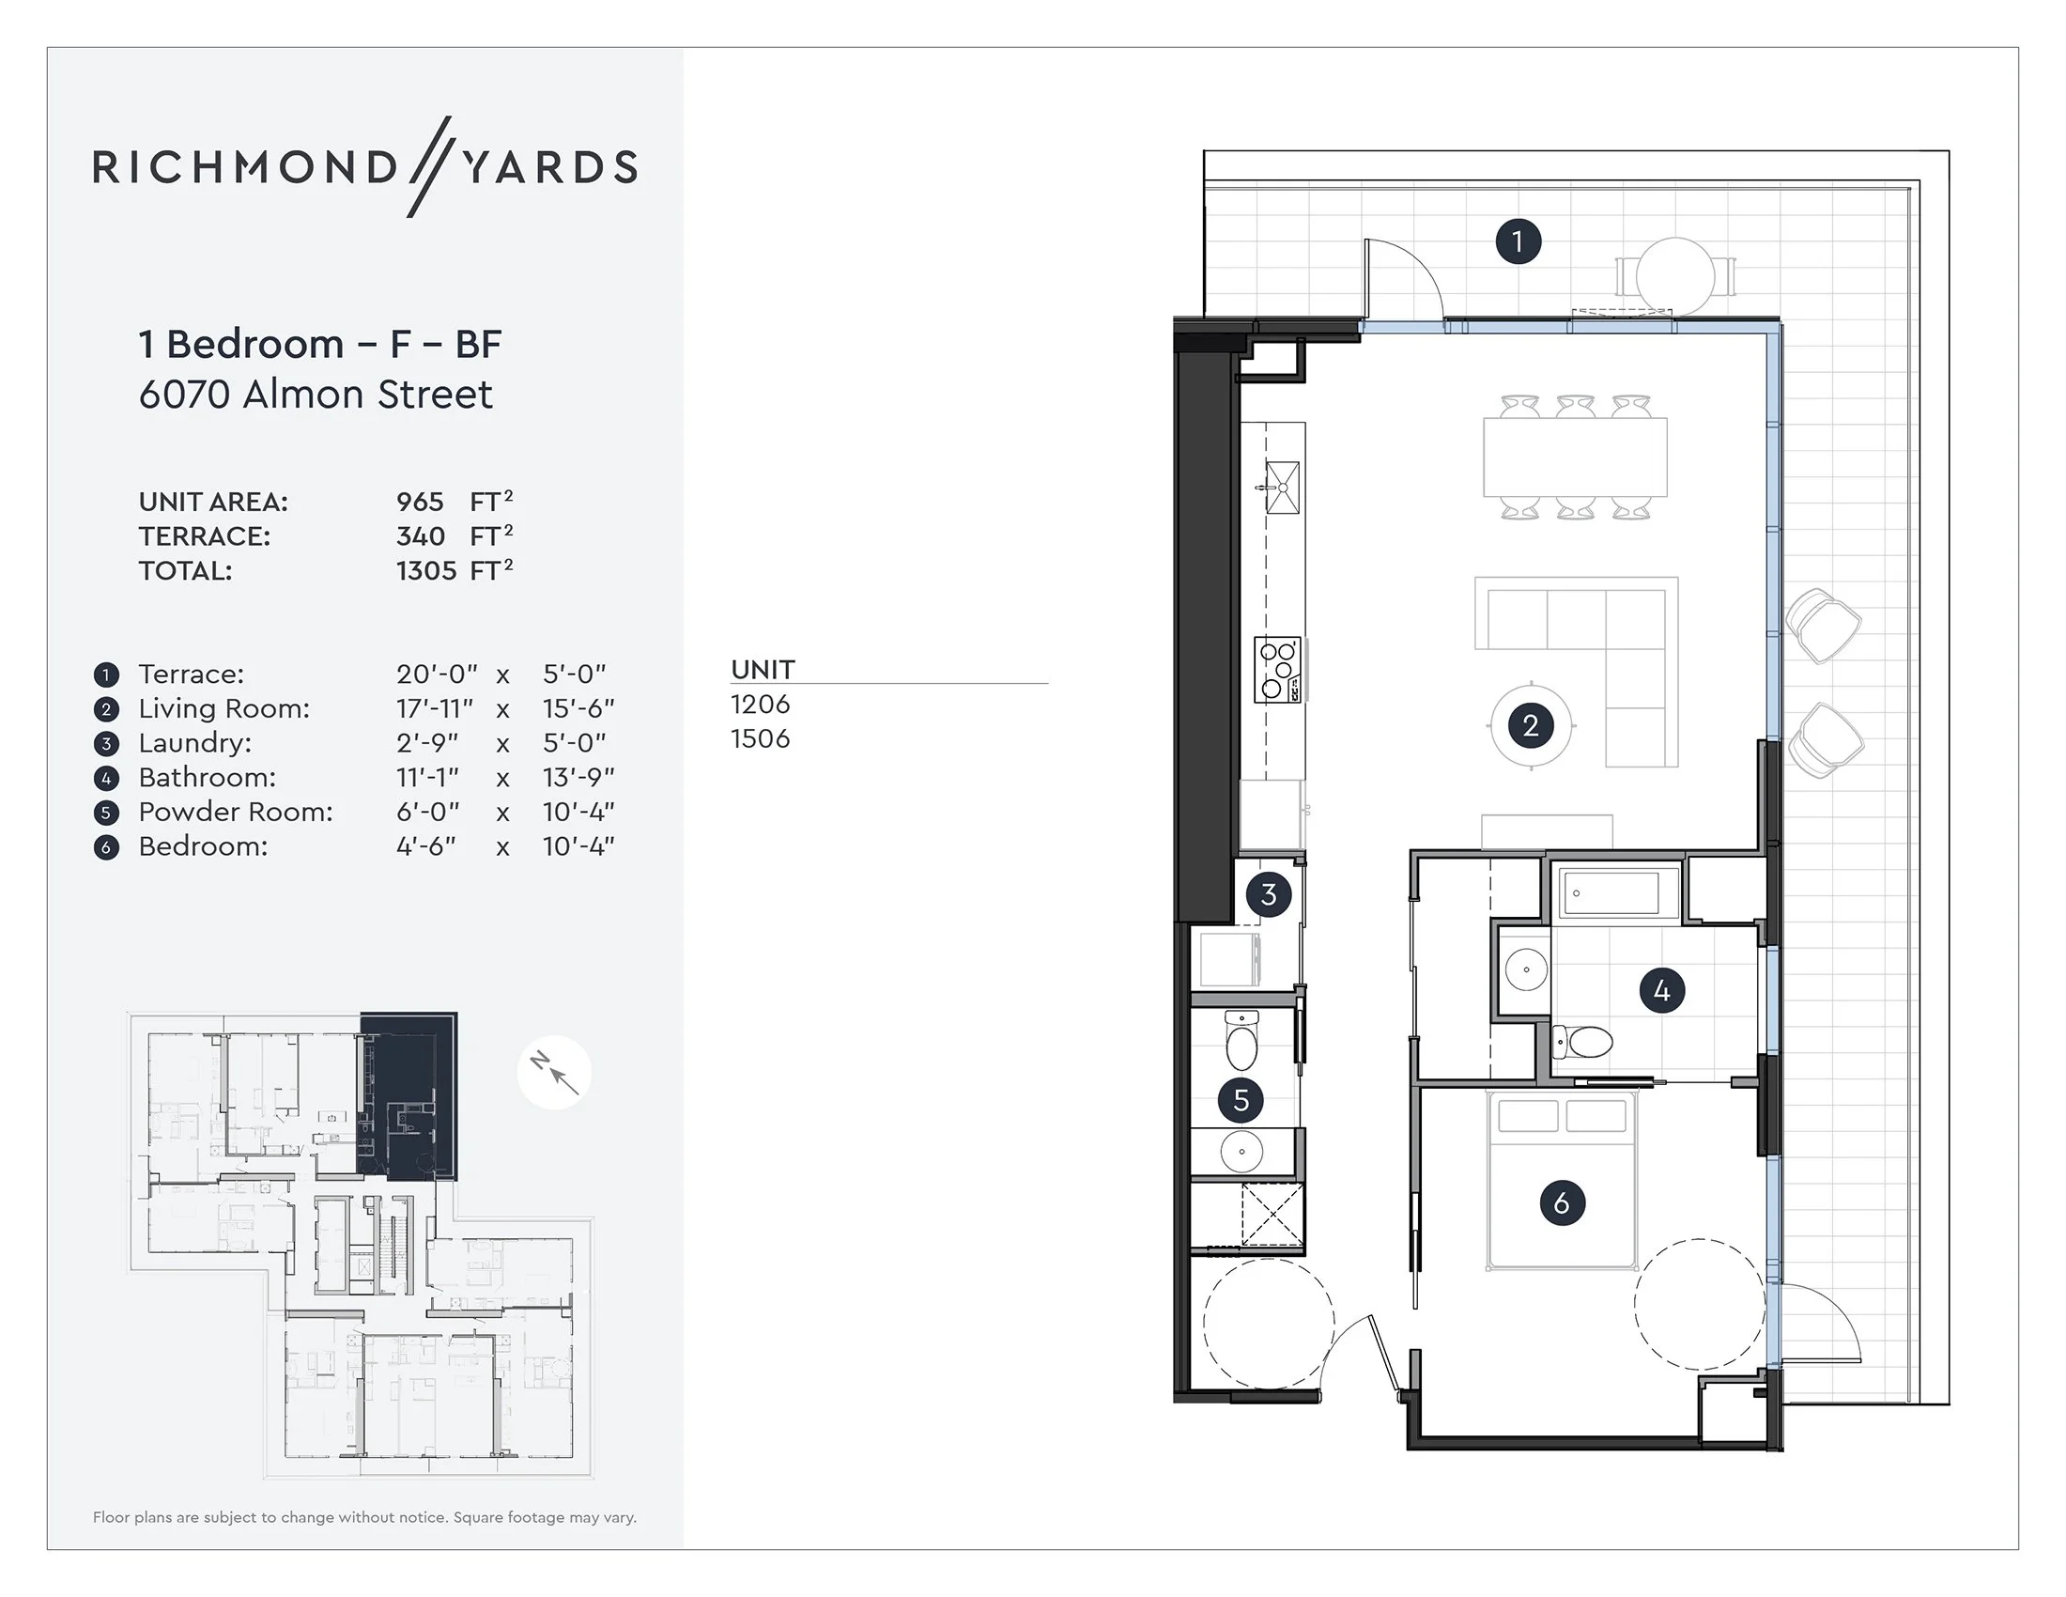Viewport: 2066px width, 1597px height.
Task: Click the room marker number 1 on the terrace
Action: pyautogui.click(x=1519, y=241)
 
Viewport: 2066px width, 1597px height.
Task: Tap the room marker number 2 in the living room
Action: pyautogui.click(x=1531, y=725)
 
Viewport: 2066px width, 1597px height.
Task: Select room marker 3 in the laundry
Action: pyautogui.click(x=1269, y=894)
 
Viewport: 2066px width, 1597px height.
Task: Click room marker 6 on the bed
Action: pyautogui.click(x=1561, y=1202)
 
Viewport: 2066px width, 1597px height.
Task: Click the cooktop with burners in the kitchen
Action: pyautogui.click(x=1277, y=670)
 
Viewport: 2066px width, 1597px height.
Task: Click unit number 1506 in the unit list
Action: pyautogui.click(x=760, y=739)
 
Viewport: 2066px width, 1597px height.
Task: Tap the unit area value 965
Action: pyautogui.click(x=420, y=502)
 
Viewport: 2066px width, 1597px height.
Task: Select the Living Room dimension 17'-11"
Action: pyautogui.click(x=434, y=708)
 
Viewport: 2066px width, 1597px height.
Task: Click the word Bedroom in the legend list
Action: pyautogui.click(x=203, y=846)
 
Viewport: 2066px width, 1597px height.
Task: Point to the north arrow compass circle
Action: pyautogui.click(x=553, y=1073)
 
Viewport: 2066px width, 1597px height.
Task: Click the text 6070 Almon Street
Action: pyautogui.click(x=315, y=395)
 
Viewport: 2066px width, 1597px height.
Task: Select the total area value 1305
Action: pyautogui.click(x=426, y=571)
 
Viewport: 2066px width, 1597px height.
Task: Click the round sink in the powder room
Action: pyautogui.click(x=1241, y=1152)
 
